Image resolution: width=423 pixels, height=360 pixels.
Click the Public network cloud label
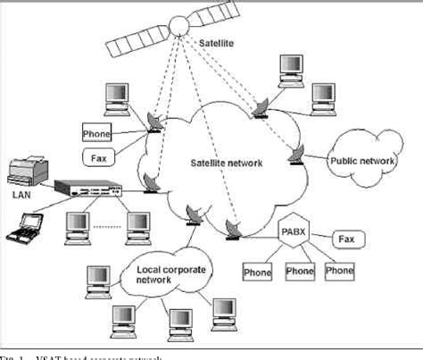(x=363, y=161)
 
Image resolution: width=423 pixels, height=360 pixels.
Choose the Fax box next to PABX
(x=347, y=239)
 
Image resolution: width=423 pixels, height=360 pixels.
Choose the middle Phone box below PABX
(x=300, y=271)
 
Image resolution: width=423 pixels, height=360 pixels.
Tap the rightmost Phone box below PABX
(x=338, y=271)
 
